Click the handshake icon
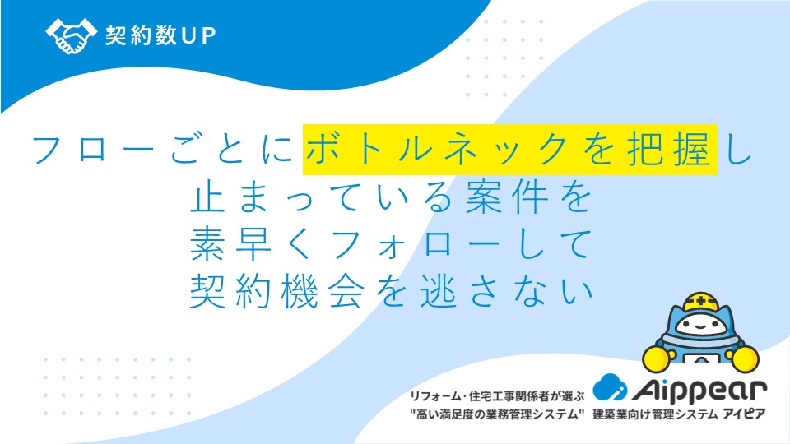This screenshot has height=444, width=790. tap(71, 35)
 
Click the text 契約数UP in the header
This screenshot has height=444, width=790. tap(160, 35)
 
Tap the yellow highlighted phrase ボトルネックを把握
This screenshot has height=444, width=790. tap(509, 150)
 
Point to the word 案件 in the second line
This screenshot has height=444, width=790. tap(508, 198)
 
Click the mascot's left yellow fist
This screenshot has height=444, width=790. tap(657, 358)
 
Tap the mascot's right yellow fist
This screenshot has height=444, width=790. tap(746, 358)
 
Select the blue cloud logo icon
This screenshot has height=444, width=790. tap(610, 387)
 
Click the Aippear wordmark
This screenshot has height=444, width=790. tap(699, 389)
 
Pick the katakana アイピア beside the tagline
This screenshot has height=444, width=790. tap(744, 414)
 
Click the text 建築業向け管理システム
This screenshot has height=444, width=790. tap(655, 414)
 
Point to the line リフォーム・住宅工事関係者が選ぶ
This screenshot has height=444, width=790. tap(497, 396)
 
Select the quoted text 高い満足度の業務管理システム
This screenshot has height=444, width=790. tap(497, 414)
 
